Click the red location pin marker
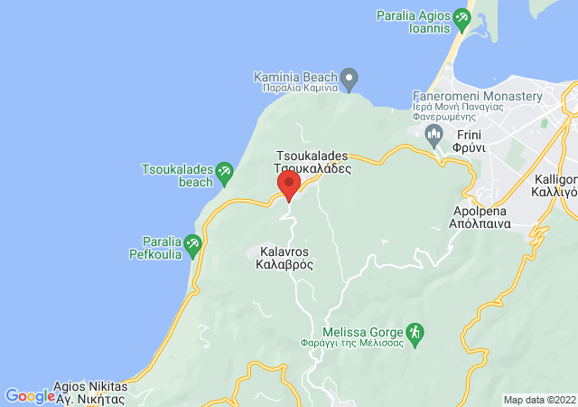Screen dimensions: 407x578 (x=289, y=185)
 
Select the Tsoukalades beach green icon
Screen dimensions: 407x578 (x=225, y=169)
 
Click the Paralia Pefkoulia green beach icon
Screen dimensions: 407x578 (x=192, y=243)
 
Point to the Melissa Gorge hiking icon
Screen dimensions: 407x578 (x=415, y=332)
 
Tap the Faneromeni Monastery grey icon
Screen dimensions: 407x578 (x=435, y=136)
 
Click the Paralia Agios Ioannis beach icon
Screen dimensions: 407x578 (x=462, y=16)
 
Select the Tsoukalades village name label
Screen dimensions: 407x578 (x=312, y=162)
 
